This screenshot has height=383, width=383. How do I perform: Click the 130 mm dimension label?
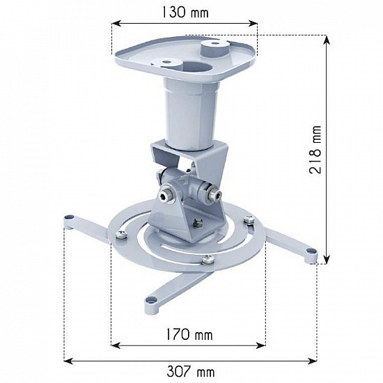coord(184,12)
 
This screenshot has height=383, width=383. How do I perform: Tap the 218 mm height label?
coord(316,150)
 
